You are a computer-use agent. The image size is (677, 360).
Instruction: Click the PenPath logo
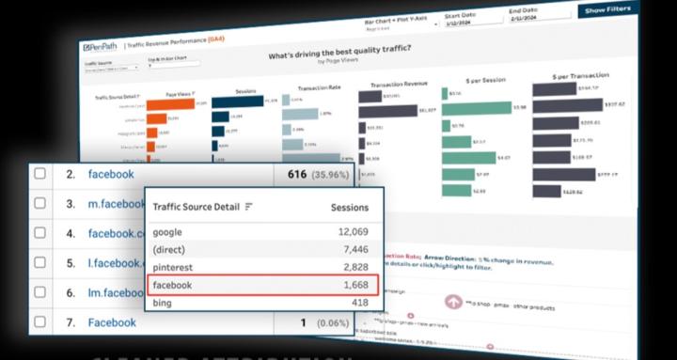pyautogui.click(x=102, y=46)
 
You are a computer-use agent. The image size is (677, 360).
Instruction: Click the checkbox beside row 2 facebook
pyautogui.click(x=39, y=174)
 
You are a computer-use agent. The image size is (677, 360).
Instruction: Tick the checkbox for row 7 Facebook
pyautogui.click(x=39, y=322)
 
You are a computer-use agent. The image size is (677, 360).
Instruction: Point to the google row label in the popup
pyautogui.click(x=168, y=232)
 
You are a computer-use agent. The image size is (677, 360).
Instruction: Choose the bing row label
pyautogui.click(x=164, y=303)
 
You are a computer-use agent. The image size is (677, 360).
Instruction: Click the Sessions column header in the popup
pyautogui.click(x=349, y=207)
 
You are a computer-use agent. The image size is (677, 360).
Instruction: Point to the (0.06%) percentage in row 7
pyautogui.click(x=328, y=322)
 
